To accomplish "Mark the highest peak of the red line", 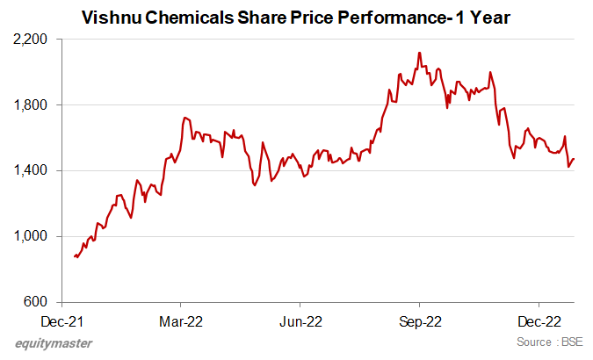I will (420, 53).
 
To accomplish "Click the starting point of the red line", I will (75, 256).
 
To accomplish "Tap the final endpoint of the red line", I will (575, 159).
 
